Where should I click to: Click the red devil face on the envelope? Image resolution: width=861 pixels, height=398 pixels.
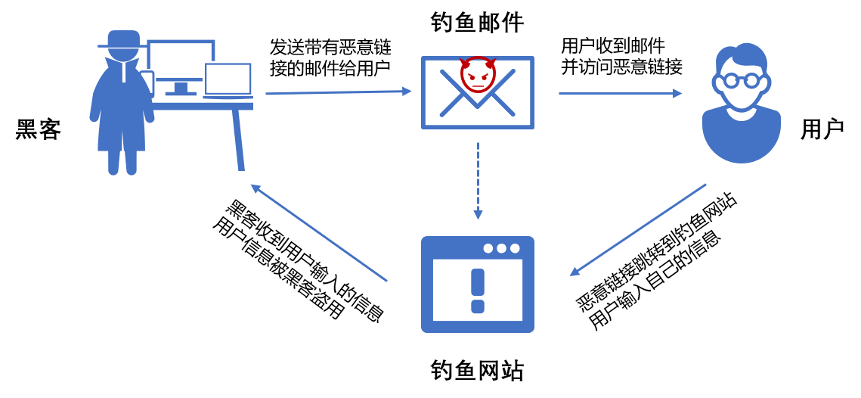pos(478,74)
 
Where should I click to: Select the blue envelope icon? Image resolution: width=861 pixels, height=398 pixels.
pos(478,106)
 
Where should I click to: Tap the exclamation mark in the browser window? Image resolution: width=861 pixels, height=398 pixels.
pos(478,291)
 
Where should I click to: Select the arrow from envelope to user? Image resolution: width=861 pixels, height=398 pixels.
pos(620,93)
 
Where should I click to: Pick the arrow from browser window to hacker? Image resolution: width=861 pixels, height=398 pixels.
pos(319,233)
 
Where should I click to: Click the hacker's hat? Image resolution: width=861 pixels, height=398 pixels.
pos(123,39)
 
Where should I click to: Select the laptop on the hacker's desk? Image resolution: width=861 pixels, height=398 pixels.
pos(228,80)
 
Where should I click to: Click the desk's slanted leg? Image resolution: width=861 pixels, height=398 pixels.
pos(238,141)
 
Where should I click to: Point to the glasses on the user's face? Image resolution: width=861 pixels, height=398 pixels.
pos(741,80)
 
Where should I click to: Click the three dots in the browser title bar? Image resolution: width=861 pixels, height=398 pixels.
pos(501,248)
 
